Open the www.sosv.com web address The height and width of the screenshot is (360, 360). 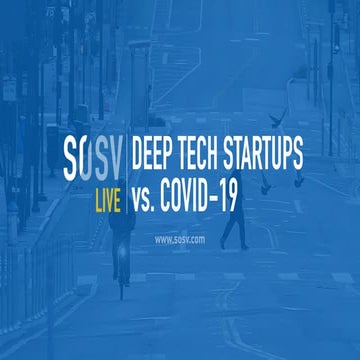(x=180, y=240)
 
